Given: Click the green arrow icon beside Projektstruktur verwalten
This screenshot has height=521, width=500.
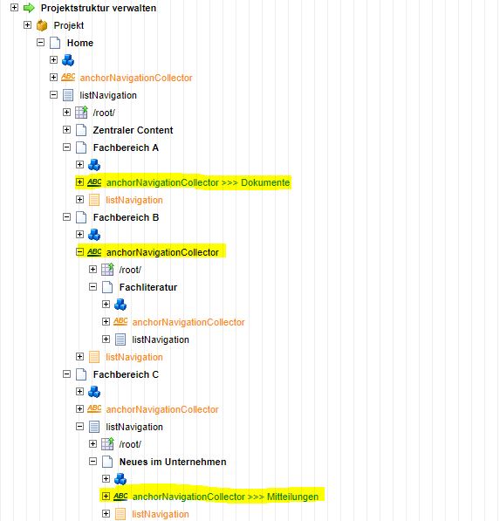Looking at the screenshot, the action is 29,8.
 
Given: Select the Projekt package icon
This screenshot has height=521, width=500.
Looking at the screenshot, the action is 42,25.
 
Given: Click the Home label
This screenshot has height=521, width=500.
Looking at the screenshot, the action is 80,43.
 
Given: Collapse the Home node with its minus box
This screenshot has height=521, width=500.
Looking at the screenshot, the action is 40,42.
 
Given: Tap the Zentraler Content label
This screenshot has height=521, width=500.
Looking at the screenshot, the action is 133,130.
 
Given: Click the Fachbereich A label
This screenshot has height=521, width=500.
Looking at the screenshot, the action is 126,147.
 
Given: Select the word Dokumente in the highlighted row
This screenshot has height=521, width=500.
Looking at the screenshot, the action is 265,182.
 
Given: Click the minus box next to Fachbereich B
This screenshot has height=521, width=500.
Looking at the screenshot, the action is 67,217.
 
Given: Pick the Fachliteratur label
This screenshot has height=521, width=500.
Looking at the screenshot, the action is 148,287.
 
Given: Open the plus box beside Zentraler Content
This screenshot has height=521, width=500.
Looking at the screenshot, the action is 67,129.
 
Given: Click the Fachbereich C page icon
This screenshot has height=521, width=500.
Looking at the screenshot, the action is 81,374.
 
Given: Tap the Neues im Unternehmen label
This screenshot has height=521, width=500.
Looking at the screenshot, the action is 173,462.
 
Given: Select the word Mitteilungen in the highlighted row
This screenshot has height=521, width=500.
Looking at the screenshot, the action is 292,497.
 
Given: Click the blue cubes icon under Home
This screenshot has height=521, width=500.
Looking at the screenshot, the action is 68,60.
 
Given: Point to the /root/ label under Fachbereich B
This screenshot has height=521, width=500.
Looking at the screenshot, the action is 130,270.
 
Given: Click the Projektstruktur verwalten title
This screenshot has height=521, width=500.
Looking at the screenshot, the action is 99,8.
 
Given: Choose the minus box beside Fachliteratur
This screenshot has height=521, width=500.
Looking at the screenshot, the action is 93,287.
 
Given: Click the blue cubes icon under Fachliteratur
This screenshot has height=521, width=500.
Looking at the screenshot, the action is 120,305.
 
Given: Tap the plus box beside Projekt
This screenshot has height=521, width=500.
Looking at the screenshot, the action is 28,25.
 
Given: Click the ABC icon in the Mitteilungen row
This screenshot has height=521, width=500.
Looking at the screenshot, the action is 120,497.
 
